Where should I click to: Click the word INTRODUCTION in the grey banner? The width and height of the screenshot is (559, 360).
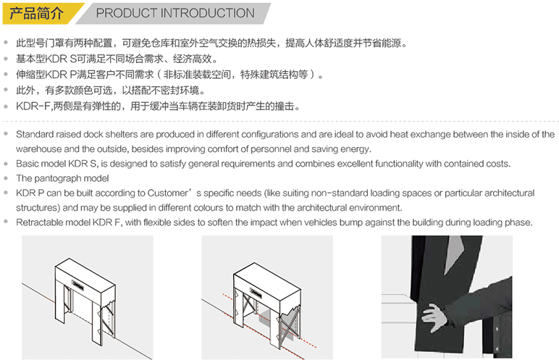pos(208,13)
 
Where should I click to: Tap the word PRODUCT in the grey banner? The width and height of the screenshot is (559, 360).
pos(127,13)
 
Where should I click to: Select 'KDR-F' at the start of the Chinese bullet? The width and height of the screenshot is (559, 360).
pos(33,106)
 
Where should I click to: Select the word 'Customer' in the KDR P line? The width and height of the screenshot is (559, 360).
pos(167,193)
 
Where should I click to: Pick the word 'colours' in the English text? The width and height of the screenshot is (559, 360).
pos(209,208)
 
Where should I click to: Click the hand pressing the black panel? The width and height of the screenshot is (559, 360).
pos(434,317)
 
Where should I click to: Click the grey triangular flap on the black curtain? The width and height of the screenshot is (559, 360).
pos(455,254)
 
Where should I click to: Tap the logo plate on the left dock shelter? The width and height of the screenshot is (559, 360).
pos(78,285)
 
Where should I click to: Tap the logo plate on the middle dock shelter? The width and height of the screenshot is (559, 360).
pos(256,293)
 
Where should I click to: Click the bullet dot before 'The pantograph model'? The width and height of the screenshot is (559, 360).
pos(6,177)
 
